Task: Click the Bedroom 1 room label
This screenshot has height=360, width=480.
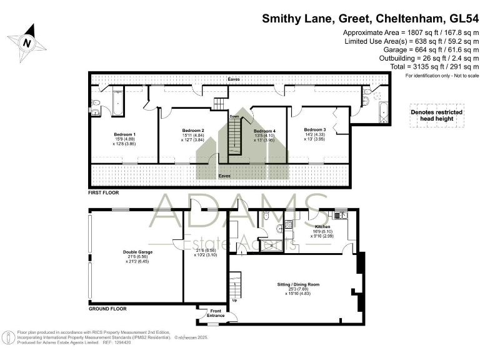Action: tap(124, 134)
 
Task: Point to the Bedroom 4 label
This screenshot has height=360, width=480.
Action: tap(265, 130)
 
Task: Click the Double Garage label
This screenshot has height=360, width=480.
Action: tap(137, 252)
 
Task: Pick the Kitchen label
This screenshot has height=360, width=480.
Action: tap(322, 227)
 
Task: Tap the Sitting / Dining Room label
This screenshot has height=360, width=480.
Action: tap(298, 284)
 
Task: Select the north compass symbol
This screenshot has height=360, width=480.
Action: tap(27, 42)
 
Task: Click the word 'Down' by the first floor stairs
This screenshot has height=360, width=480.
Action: tap(234, 116)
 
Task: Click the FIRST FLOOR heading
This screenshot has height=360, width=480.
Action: tap(103, 193)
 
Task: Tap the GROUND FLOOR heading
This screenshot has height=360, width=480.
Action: tap(107, 309)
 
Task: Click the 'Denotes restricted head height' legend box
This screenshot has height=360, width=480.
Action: tap(436, 114)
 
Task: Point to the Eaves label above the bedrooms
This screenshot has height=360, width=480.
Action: tap(234, 79)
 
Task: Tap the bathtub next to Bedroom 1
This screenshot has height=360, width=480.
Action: tap(117, 104)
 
